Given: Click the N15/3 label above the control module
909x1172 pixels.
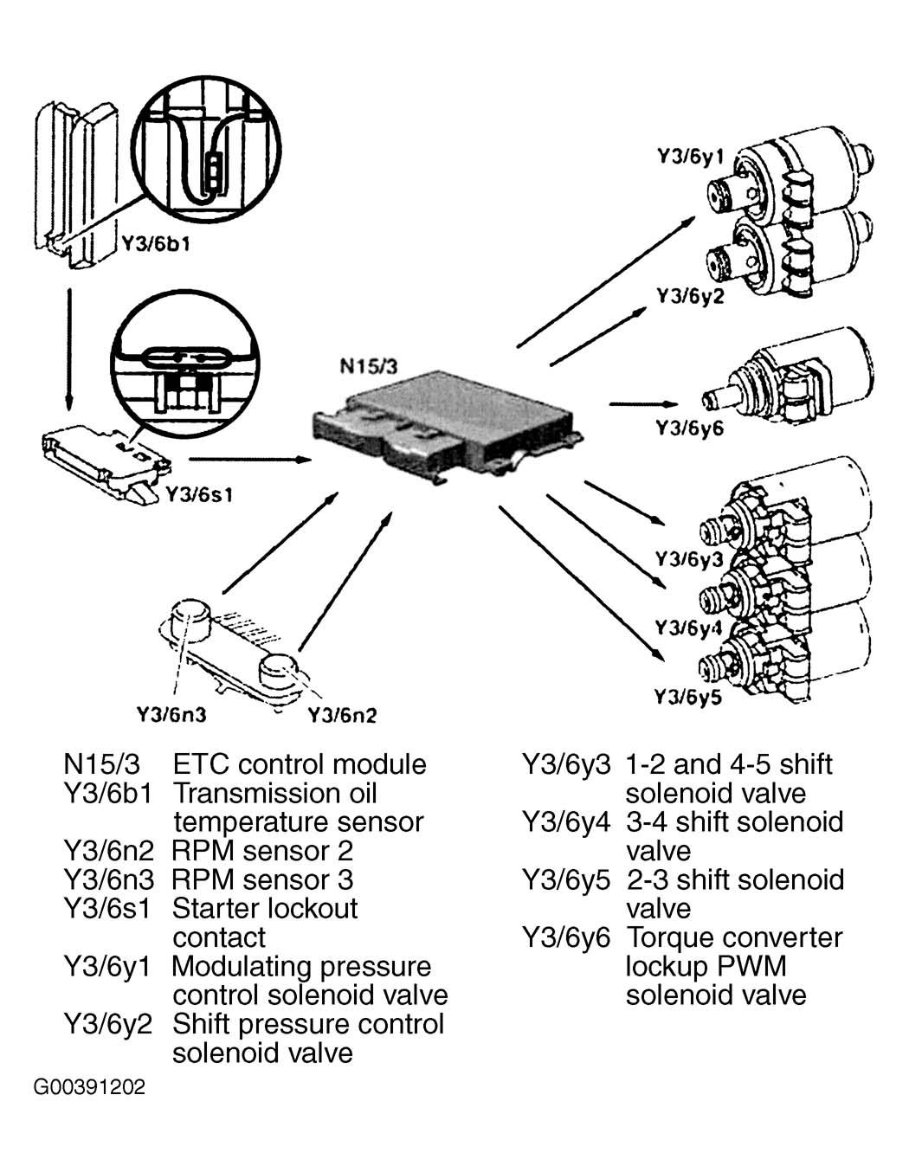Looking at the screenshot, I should [369, 365].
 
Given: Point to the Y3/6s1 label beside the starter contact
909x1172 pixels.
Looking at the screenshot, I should [198, 495].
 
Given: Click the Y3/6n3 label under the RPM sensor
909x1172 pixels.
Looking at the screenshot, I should [171, 714].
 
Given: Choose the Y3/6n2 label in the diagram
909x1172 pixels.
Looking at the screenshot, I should [343, 715].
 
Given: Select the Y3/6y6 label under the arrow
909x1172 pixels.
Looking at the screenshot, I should [689, 428].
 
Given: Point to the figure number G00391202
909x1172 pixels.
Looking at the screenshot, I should [89, 1087].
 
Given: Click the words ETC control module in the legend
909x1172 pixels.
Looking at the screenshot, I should [300, 764].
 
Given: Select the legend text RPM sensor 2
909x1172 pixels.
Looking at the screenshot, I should [262, 851].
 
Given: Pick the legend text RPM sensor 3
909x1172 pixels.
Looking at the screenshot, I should [262, 879].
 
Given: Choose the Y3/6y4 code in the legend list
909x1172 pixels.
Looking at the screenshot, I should [566, 821].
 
